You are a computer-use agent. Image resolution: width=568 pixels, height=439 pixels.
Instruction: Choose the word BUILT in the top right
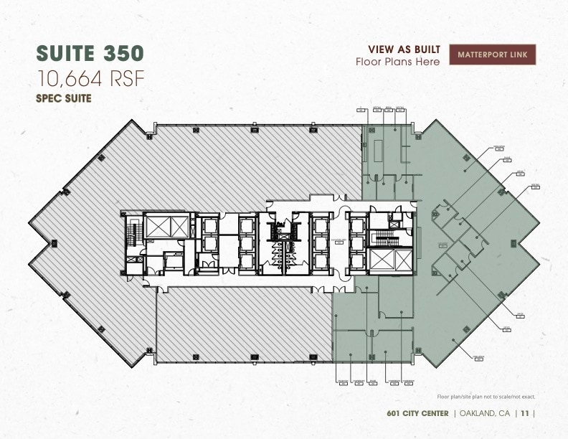(425, 49)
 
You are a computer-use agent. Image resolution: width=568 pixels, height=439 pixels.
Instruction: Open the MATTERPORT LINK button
(492, 55)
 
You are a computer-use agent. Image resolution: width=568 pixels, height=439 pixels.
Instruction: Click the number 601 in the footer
(393, 413)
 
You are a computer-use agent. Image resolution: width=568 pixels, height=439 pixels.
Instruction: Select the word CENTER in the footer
(434, 413)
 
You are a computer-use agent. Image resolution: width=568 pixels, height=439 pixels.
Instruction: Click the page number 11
(526, 413)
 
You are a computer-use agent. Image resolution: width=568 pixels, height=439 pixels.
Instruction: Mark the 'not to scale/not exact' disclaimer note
(486, 397)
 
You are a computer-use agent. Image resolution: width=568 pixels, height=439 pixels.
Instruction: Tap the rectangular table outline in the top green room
(373, 150)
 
